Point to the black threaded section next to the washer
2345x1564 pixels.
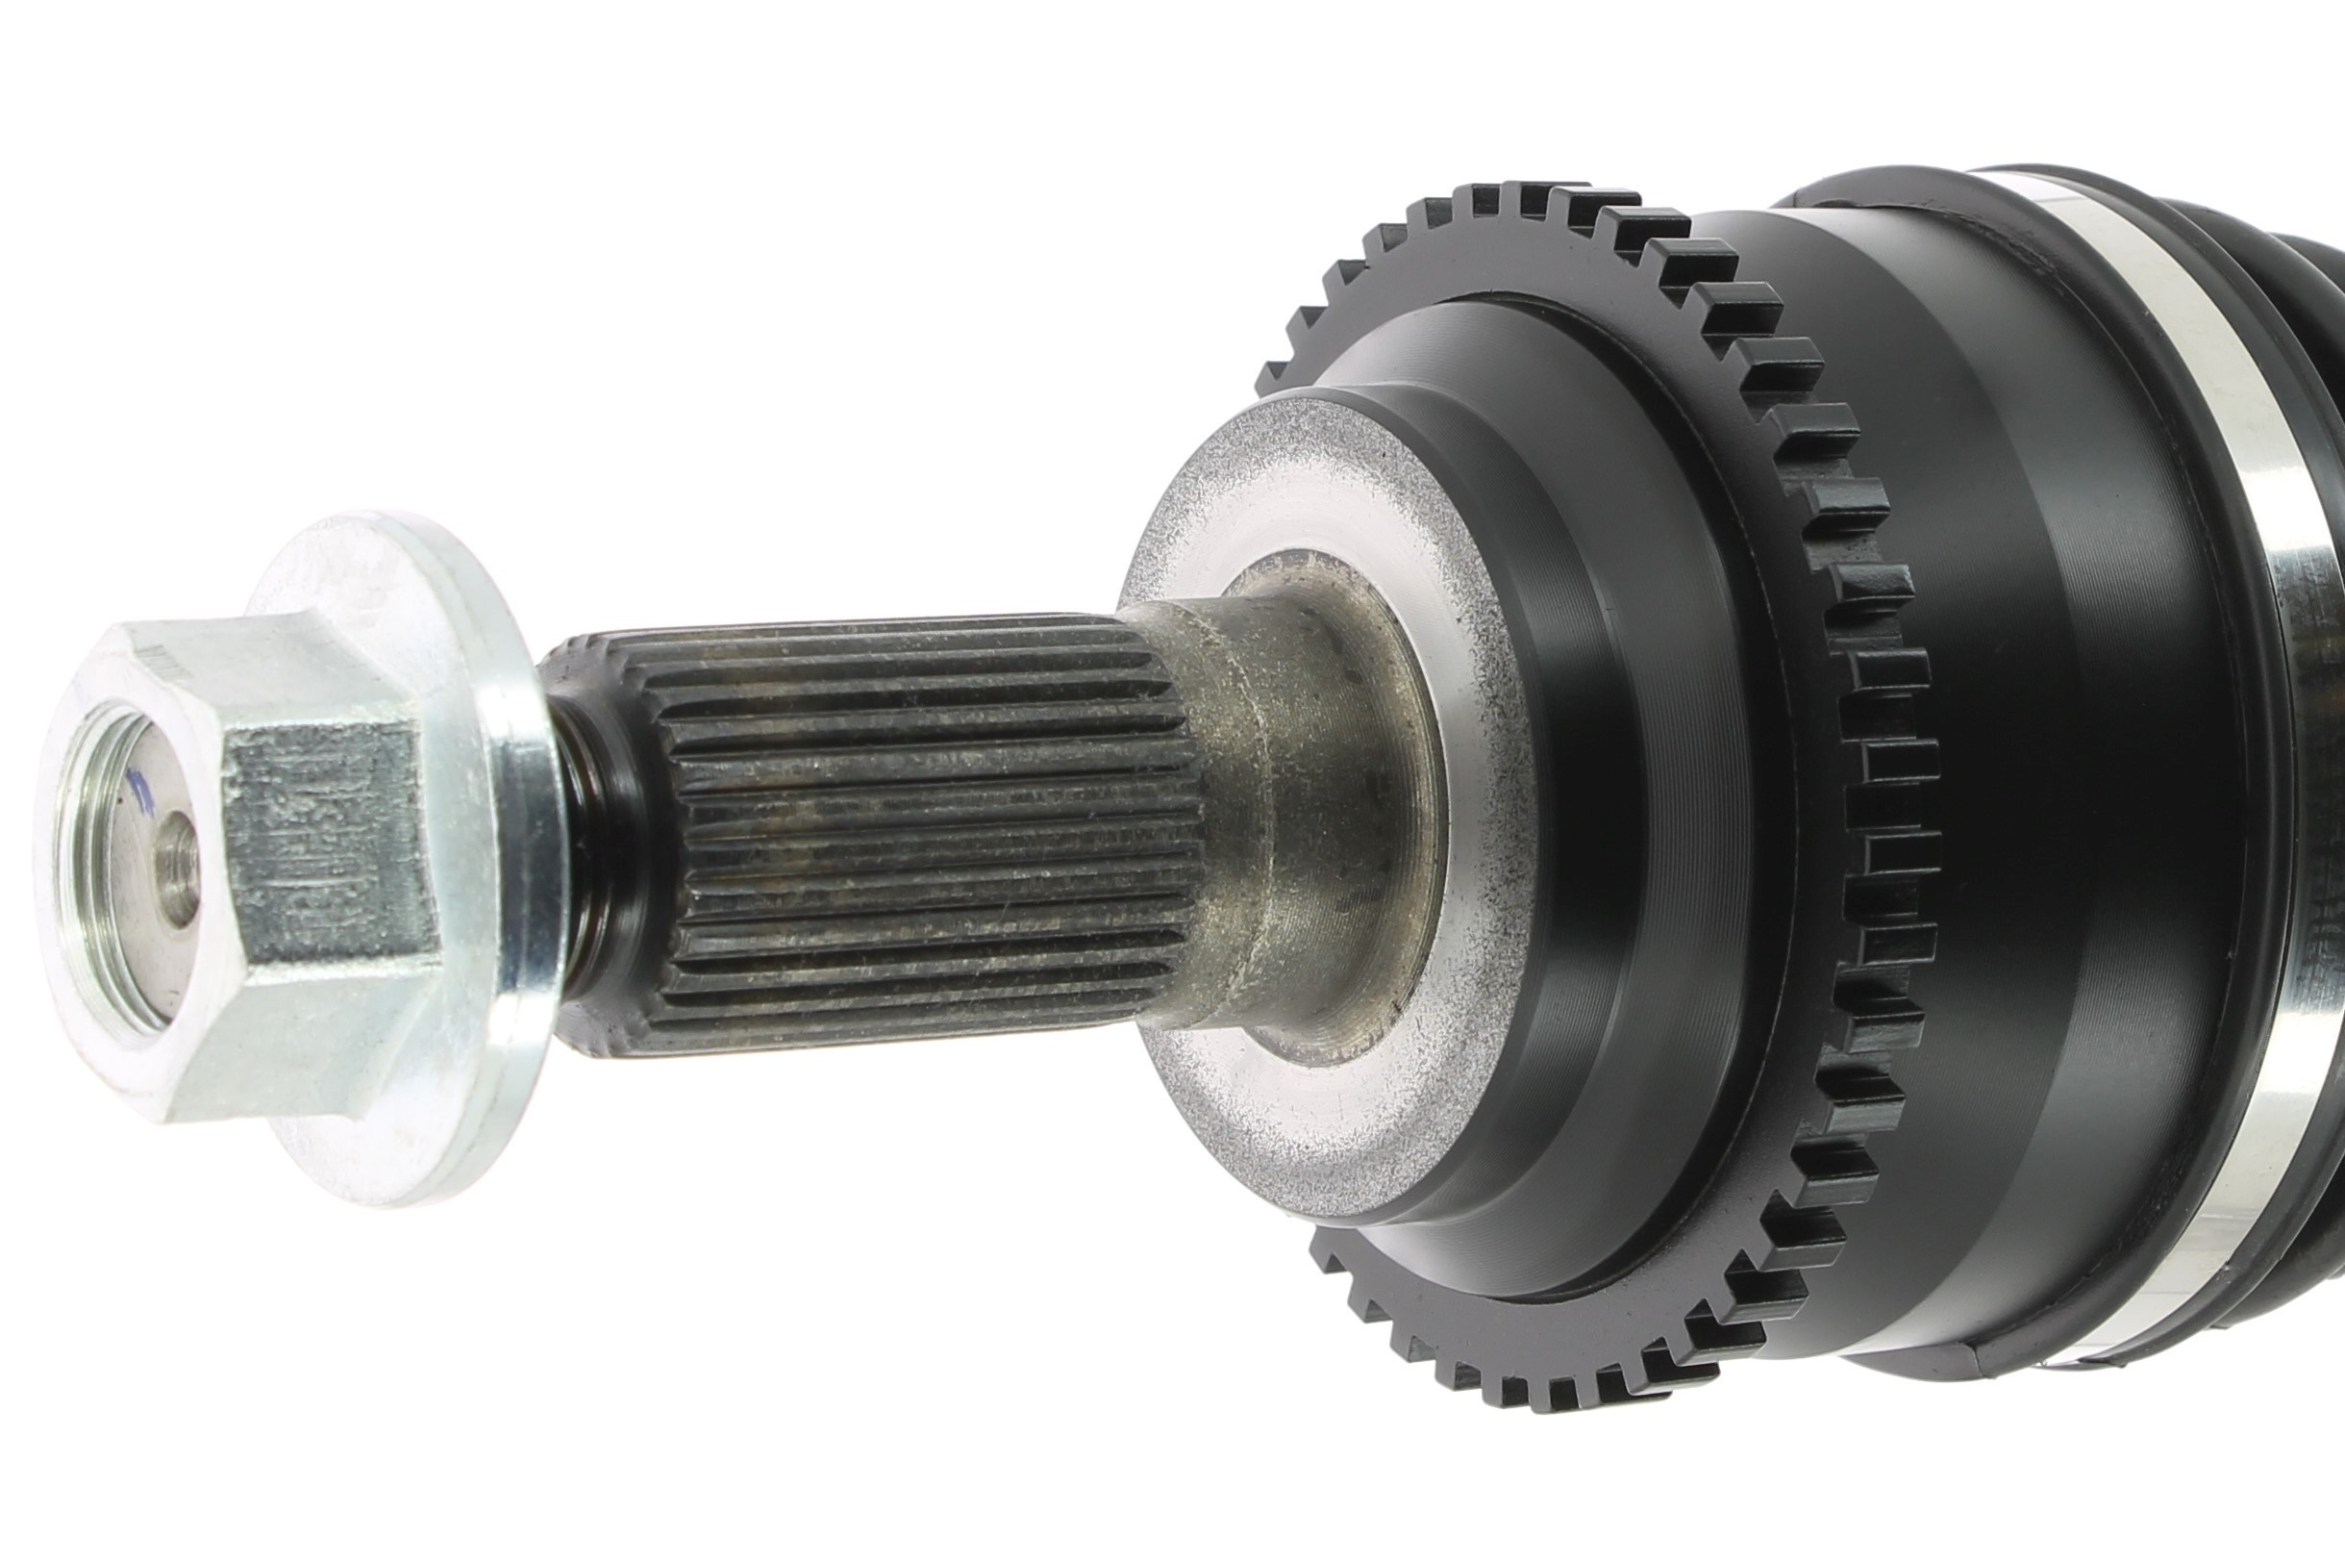point(588,847)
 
